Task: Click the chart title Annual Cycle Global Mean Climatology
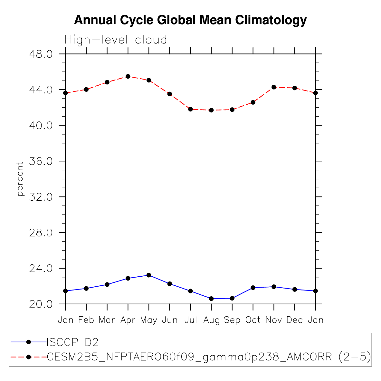pos(190,20)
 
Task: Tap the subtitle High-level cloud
pos(116,40)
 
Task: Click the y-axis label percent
pos(20,179)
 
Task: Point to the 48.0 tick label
pos(41,54)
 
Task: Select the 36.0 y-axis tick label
pos(41,161)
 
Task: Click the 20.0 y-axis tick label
pos(41,304)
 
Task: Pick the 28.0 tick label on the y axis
pos(41,233)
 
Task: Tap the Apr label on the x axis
pos(128,320)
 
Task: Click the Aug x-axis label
pos(211,320)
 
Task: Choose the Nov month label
pos(274,320)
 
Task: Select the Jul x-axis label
pos(190,320)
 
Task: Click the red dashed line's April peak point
pos(128,76)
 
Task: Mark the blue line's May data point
pos(149,275)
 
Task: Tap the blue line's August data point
pos(211,299)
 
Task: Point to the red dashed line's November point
pos(274,87)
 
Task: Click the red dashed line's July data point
pos(190,109)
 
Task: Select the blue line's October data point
pos(253,288)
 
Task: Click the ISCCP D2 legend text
pos(72,342)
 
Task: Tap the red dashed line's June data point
pos(170,94)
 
